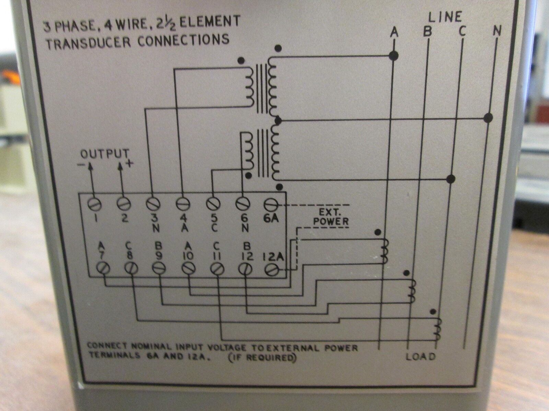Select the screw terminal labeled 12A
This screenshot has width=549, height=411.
click(272, 270)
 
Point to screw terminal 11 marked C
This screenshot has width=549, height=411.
click(217, 270)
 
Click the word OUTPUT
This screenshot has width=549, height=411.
click(105, 154)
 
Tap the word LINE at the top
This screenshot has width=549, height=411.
click(445, 17)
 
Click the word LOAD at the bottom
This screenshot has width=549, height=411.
click(421, 357)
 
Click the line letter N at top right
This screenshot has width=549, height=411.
click(497, 32)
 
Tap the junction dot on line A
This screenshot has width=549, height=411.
click(394, 56)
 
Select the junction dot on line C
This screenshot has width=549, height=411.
click(451, 179)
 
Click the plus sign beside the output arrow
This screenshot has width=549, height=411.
click(130, 164)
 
